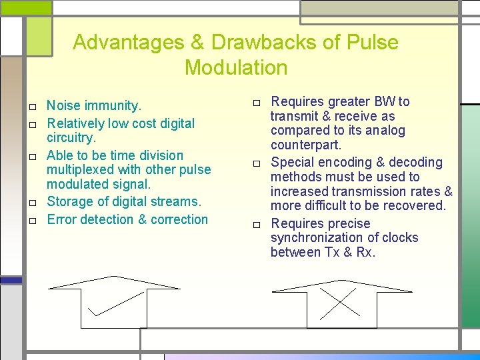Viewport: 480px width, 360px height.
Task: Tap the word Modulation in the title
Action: tap(236, 68)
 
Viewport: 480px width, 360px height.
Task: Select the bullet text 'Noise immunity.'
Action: tap(94, 105)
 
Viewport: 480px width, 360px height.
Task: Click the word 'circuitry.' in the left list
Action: tap(71, 138)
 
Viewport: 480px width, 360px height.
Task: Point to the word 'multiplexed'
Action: tap(81, 169)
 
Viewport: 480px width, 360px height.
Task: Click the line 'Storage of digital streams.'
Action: tap(123, 201)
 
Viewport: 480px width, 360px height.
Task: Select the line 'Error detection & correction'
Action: tap(127, 219)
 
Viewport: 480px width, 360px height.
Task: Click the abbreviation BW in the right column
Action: tap(384, 101)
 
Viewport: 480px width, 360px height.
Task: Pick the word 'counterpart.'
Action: tap(305, 145)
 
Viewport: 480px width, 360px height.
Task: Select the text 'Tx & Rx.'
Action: tap(350, 252)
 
